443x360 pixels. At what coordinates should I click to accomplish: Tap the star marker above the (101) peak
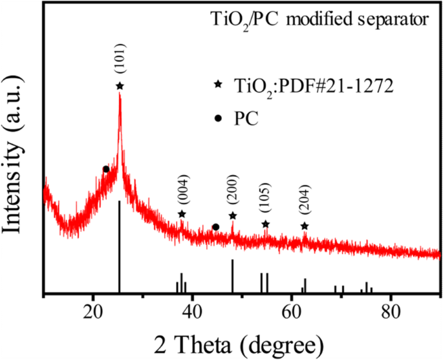pyautogui.click(x=120, y=85)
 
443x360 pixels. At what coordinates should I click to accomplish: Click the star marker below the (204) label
pyautogui.click(x=305, y=226)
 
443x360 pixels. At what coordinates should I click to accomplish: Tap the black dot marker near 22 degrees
pyautogui.click(x=106, y=169)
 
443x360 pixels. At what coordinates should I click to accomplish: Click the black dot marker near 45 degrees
pyautogui.click(x=216, y=227)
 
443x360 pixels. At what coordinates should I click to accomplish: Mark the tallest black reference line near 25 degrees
pyautogui.click(x=120, y=246)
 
